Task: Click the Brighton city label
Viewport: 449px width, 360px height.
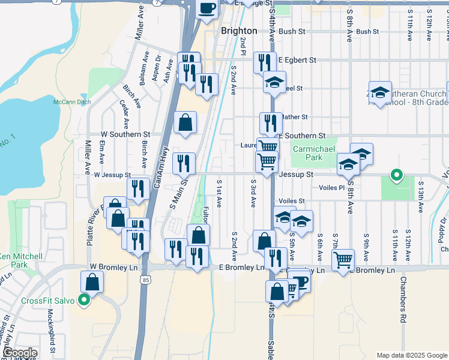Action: point(239,31)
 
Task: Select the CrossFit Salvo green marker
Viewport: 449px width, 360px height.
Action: point(85,301)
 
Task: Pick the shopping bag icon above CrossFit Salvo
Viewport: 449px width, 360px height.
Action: point(92,281)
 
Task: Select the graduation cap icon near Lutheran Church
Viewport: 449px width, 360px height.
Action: point(379,92)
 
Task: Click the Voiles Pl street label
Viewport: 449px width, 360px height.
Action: point(333,187)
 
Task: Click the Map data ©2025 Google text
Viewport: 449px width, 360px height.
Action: point(411,355)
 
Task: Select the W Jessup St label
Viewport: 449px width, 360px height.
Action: point(112,175)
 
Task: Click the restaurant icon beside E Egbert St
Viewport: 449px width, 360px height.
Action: point(265,62)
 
